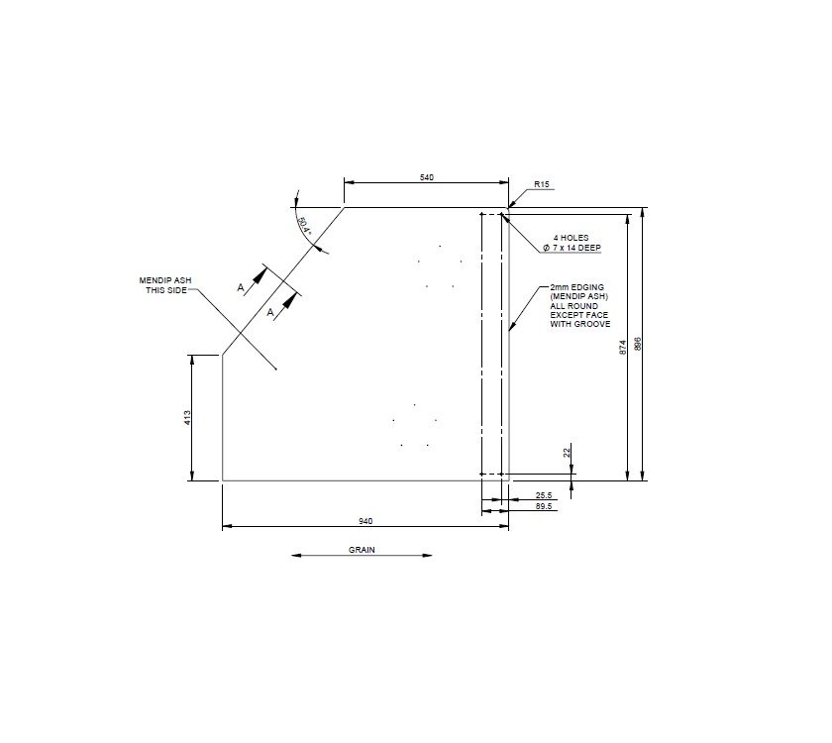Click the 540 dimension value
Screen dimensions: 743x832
427,177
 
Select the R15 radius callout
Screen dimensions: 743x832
541,184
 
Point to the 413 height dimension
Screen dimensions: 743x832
187,418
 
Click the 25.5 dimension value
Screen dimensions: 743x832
543,495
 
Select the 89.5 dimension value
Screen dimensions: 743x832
543,506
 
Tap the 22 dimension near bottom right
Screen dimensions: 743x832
567,452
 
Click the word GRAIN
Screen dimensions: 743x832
362,549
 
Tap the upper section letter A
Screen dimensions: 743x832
241,286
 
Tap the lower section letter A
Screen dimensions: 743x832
270,312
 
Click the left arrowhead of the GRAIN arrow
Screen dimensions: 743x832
295,556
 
